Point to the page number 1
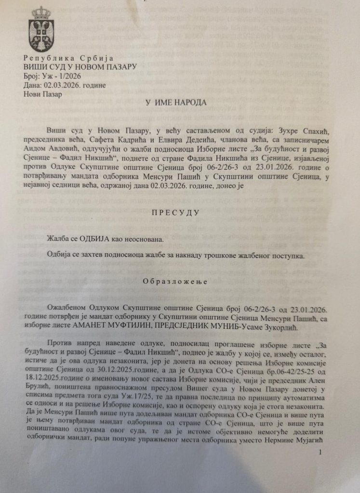click(x=320, y=454)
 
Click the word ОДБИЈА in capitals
click(x=98, y=237)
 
